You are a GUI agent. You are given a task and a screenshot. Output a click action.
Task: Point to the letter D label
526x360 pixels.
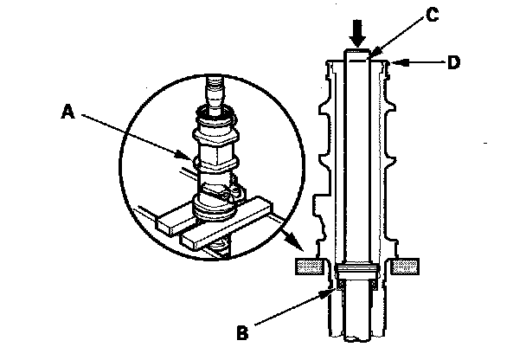pyautogui.click(x=452, y=63)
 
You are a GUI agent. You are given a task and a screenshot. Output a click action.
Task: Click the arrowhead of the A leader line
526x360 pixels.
pyautogui.click(x=192, y=159)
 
